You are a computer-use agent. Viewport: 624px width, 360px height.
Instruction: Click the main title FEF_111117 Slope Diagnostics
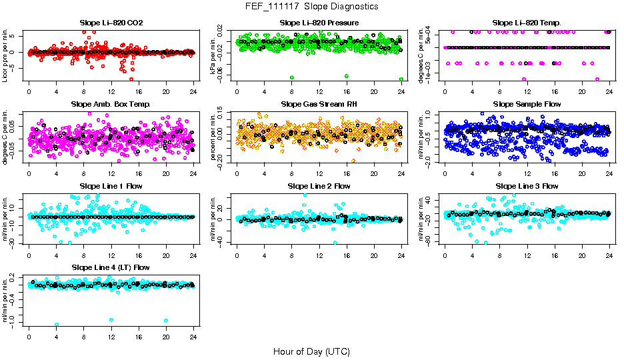[x=311, y=6]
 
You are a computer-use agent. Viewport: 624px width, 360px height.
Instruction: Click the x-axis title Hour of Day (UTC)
[x=311, y=351]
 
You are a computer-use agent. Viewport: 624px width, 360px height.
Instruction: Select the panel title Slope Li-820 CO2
[x=111, y=23]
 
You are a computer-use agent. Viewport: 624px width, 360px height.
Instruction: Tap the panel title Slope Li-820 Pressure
[x=319, y=23]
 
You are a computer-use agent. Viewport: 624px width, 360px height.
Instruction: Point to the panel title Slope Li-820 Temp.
[x=527, y=23]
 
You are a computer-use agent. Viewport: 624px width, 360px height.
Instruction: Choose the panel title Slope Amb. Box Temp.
[x=111, y=105]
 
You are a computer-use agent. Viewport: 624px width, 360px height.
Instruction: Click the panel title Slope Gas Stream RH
[x=319, y=105]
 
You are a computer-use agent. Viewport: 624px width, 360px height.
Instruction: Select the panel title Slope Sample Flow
[x=527, y=105]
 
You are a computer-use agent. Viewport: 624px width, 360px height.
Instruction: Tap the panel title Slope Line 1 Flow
[x=111, y=186]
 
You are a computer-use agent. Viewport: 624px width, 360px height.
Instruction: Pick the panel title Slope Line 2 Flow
[x=319, y=186]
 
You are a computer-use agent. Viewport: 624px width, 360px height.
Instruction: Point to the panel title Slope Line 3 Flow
[x=527, y=186]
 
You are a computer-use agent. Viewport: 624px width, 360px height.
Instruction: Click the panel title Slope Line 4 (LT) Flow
[x=111, y=267]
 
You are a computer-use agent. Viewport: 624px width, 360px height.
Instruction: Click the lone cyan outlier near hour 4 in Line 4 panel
[x=56, y=325]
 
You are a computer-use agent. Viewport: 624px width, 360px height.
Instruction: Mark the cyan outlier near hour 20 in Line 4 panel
[x=165, y=321]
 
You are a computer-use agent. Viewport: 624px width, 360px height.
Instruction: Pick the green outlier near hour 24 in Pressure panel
[x=401, y=79]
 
